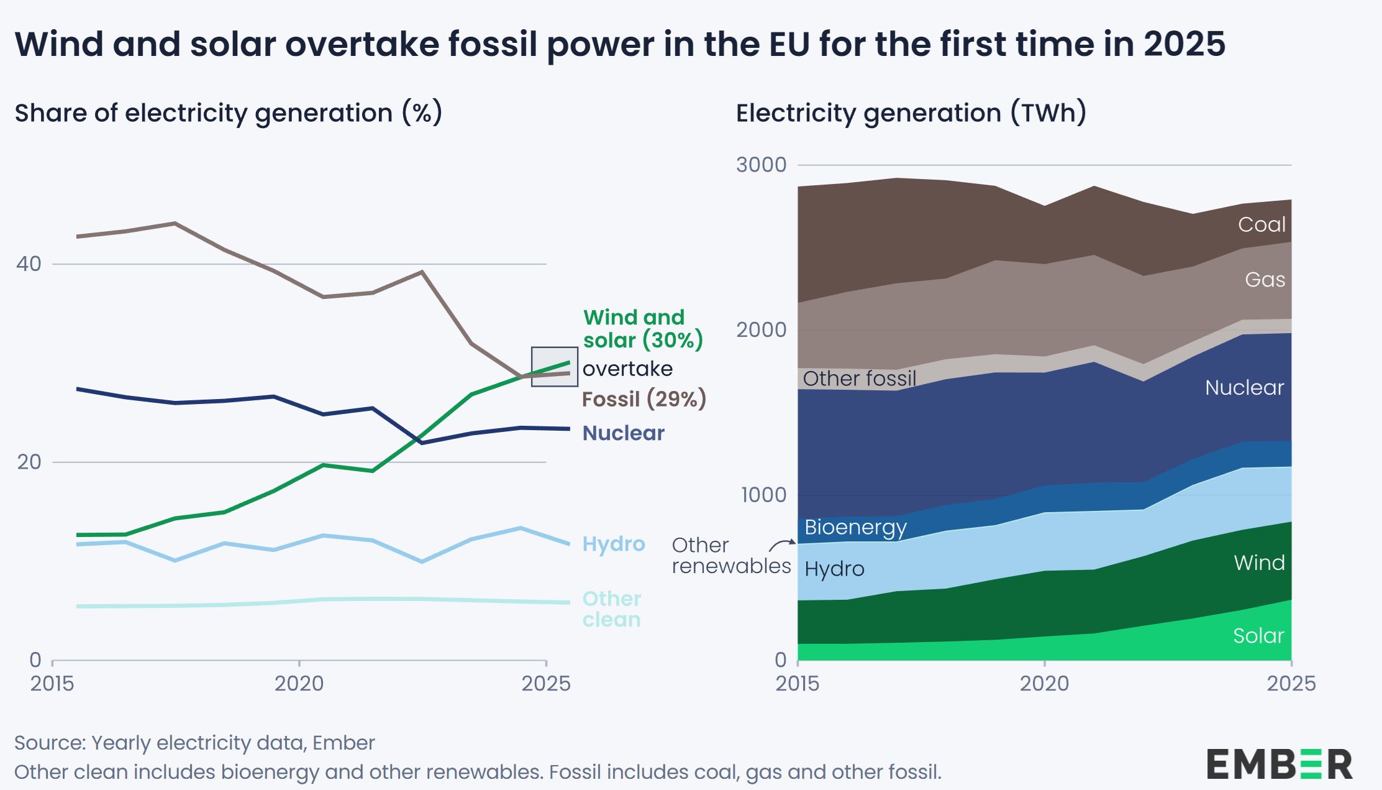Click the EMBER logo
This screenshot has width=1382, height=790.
(x=1280, y=764)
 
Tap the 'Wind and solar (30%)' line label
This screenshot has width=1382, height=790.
(x=642, y=329)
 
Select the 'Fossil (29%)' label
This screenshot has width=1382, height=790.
(x=643, y=399)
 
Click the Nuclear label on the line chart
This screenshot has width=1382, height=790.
(x=623, y=433)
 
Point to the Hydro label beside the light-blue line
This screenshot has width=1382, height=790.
(x=613, y=544)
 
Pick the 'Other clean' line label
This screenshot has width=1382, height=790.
(x=611, y=609)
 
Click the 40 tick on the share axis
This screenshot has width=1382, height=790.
(x=29, y=264)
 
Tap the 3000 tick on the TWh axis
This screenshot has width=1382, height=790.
(x=761, y=165)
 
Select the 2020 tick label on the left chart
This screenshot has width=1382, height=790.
(x=299, y=684)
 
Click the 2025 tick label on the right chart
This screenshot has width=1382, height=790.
(x=1291, y=684)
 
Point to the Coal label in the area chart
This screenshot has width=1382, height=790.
(x=1261, y=224)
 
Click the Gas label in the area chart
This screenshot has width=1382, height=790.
(x=1265, y=280)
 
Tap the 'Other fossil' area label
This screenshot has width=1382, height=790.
(x=859, y=379)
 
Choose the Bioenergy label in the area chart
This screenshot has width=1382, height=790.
(x=855, y=528)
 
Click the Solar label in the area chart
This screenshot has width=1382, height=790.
(x=1258, y=636)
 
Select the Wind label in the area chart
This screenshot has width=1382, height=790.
(x=1258, y=563)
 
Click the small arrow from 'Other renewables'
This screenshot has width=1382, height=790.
(x=782, y=545)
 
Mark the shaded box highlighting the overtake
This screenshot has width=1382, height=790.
(x=555, y=367)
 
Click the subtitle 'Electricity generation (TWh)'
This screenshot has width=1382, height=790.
(x=911, y=113)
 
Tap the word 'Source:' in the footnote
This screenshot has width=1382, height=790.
(x=50, y=743)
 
